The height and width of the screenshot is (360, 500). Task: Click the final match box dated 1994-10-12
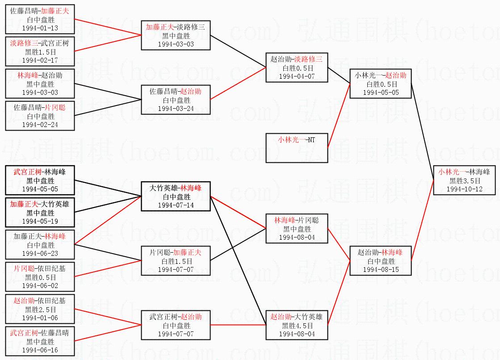[464, 180]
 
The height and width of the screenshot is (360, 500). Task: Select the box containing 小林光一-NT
[297, 148]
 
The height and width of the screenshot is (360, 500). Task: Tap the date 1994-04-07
[297, 76]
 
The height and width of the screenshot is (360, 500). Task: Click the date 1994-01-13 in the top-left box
[40, 28]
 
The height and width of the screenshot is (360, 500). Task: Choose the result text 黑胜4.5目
[297, 326]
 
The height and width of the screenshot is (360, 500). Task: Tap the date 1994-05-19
[40, 221]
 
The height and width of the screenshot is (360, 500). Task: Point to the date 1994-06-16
[40, 350]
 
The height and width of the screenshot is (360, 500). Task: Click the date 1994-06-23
[40, 253]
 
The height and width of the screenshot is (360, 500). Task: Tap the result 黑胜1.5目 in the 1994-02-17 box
[40, 52]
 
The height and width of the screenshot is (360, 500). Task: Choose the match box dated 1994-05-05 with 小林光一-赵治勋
[380, 84]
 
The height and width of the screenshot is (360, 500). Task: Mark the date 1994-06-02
[40, 285]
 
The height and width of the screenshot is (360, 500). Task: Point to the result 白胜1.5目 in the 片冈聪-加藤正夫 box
[175, 261]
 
